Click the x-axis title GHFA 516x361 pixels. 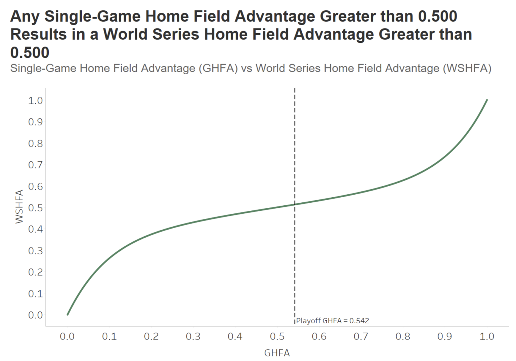click(277, 353)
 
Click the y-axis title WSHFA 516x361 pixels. click(19, 206)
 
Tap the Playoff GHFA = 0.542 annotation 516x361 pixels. click(332, 321)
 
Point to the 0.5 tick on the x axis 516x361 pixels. click(277, 336)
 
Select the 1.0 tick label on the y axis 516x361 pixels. click(35, 101)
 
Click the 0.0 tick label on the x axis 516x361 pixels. click(67, 336)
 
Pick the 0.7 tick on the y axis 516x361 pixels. click(35, 165)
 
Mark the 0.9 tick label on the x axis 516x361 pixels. click(444, 336)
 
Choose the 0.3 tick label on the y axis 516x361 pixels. click(35, 251)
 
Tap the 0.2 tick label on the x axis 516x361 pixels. click(151, 336)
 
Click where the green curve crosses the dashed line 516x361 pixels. click(295, 204)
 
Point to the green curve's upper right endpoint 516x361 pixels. click(487, 100)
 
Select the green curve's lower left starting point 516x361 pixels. click(68, 315)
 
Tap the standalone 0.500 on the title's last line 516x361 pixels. click(30, 52)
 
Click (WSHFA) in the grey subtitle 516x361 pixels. click(467, 68)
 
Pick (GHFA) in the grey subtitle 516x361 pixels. click(218, 68)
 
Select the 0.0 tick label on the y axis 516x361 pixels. click(35, 315)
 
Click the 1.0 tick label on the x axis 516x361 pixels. click(487, 336)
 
